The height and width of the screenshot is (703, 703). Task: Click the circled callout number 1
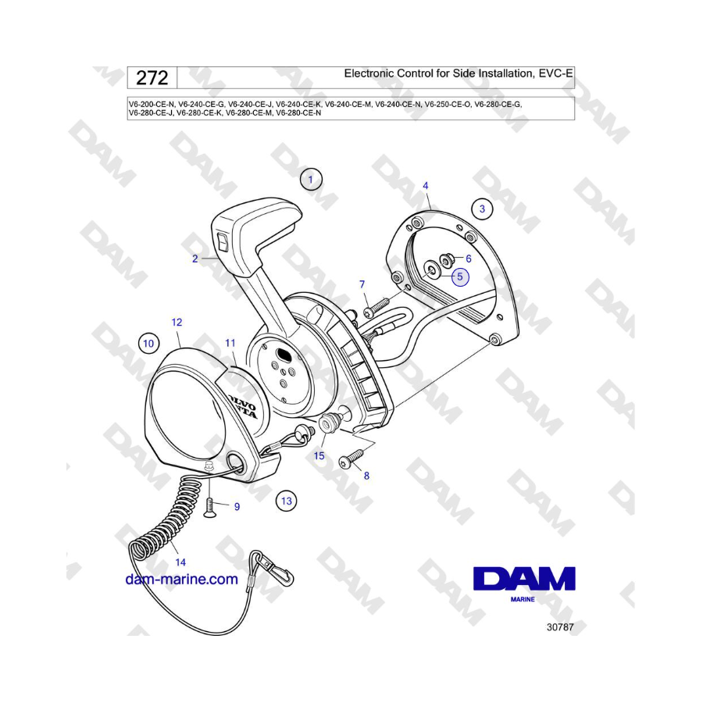[x=311, y=180]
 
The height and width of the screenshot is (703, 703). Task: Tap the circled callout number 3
[x=482, y=209]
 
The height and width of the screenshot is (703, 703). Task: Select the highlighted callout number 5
[x=459, y=277]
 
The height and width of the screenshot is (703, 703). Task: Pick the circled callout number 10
[x=148, y=344]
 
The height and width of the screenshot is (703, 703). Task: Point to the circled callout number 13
[x=287, y=501]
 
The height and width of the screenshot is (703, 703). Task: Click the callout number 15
[x=319, y=456]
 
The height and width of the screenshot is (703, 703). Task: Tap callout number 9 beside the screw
[x=237, y=507]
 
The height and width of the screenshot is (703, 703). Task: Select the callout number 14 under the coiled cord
[x=180, y=562]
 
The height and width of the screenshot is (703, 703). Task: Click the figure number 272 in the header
[x=152, y=78]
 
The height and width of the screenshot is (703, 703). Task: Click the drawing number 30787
[x=560, y=626]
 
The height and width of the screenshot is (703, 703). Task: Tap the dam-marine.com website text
[x=181, y=580]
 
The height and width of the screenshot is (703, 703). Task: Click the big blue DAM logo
[x=524, y=579]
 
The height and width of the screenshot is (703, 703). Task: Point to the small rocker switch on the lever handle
[x=223, y=242]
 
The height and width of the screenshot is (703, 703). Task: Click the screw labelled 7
[x=376, y=308]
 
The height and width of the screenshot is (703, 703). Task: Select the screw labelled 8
[x=352, y=459]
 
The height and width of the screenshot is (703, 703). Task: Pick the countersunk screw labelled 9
[x=210, y=508]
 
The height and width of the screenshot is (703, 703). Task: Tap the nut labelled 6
[x=447, y=259]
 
